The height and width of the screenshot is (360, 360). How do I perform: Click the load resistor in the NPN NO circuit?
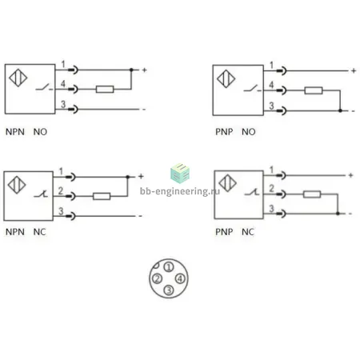coord(105,89)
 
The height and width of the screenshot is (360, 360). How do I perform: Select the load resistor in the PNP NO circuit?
coord(314,90)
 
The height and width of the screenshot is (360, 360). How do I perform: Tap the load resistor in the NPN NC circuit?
coord(102,196)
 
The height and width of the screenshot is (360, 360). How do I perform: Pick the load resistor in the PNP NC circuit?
coord(312,194)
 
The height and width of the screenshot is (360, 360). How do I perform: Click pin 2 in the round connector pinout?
coord(157,278)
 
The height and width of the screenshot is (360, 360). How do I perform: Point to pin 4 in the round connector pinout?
coord(180,278)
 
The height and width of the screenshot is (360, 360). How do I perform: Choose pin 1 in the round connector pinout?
coord(169,267)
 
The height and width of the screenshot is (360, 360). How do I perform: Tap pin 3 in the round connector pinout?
coord(169,290)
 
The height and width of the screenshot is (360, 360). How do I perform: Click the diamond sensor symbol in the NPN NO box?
coord(18,78)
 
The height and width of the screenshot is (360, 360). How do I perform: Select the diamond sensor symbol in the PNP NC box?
coord(227,183)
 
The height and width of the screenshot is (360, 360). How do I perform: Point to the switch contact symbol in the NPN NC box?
coord(41,194)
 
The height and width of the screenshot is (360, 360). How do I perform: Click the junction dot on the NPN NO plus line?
coord(131,70)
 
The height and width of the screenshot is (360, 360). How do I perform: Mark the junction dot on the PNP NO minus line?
coord(340,110)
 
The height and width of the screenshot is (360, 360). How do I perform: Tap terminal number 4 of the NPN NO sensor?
coord(63,84)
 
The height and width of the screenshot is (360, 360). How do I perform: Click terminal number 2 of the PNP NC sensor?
coord(271,188)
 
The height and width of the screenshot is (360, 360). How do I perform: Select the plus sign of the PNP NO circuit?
coord(354,71)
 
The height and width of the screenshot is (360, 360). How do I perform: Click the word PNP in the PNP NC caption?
coord(224,232)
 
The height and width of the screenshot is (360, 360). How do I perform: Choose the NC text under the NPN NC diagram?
coord(39,232)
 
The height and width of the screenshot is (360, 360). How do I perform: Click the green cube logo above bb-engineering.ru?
coord(180,174)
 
